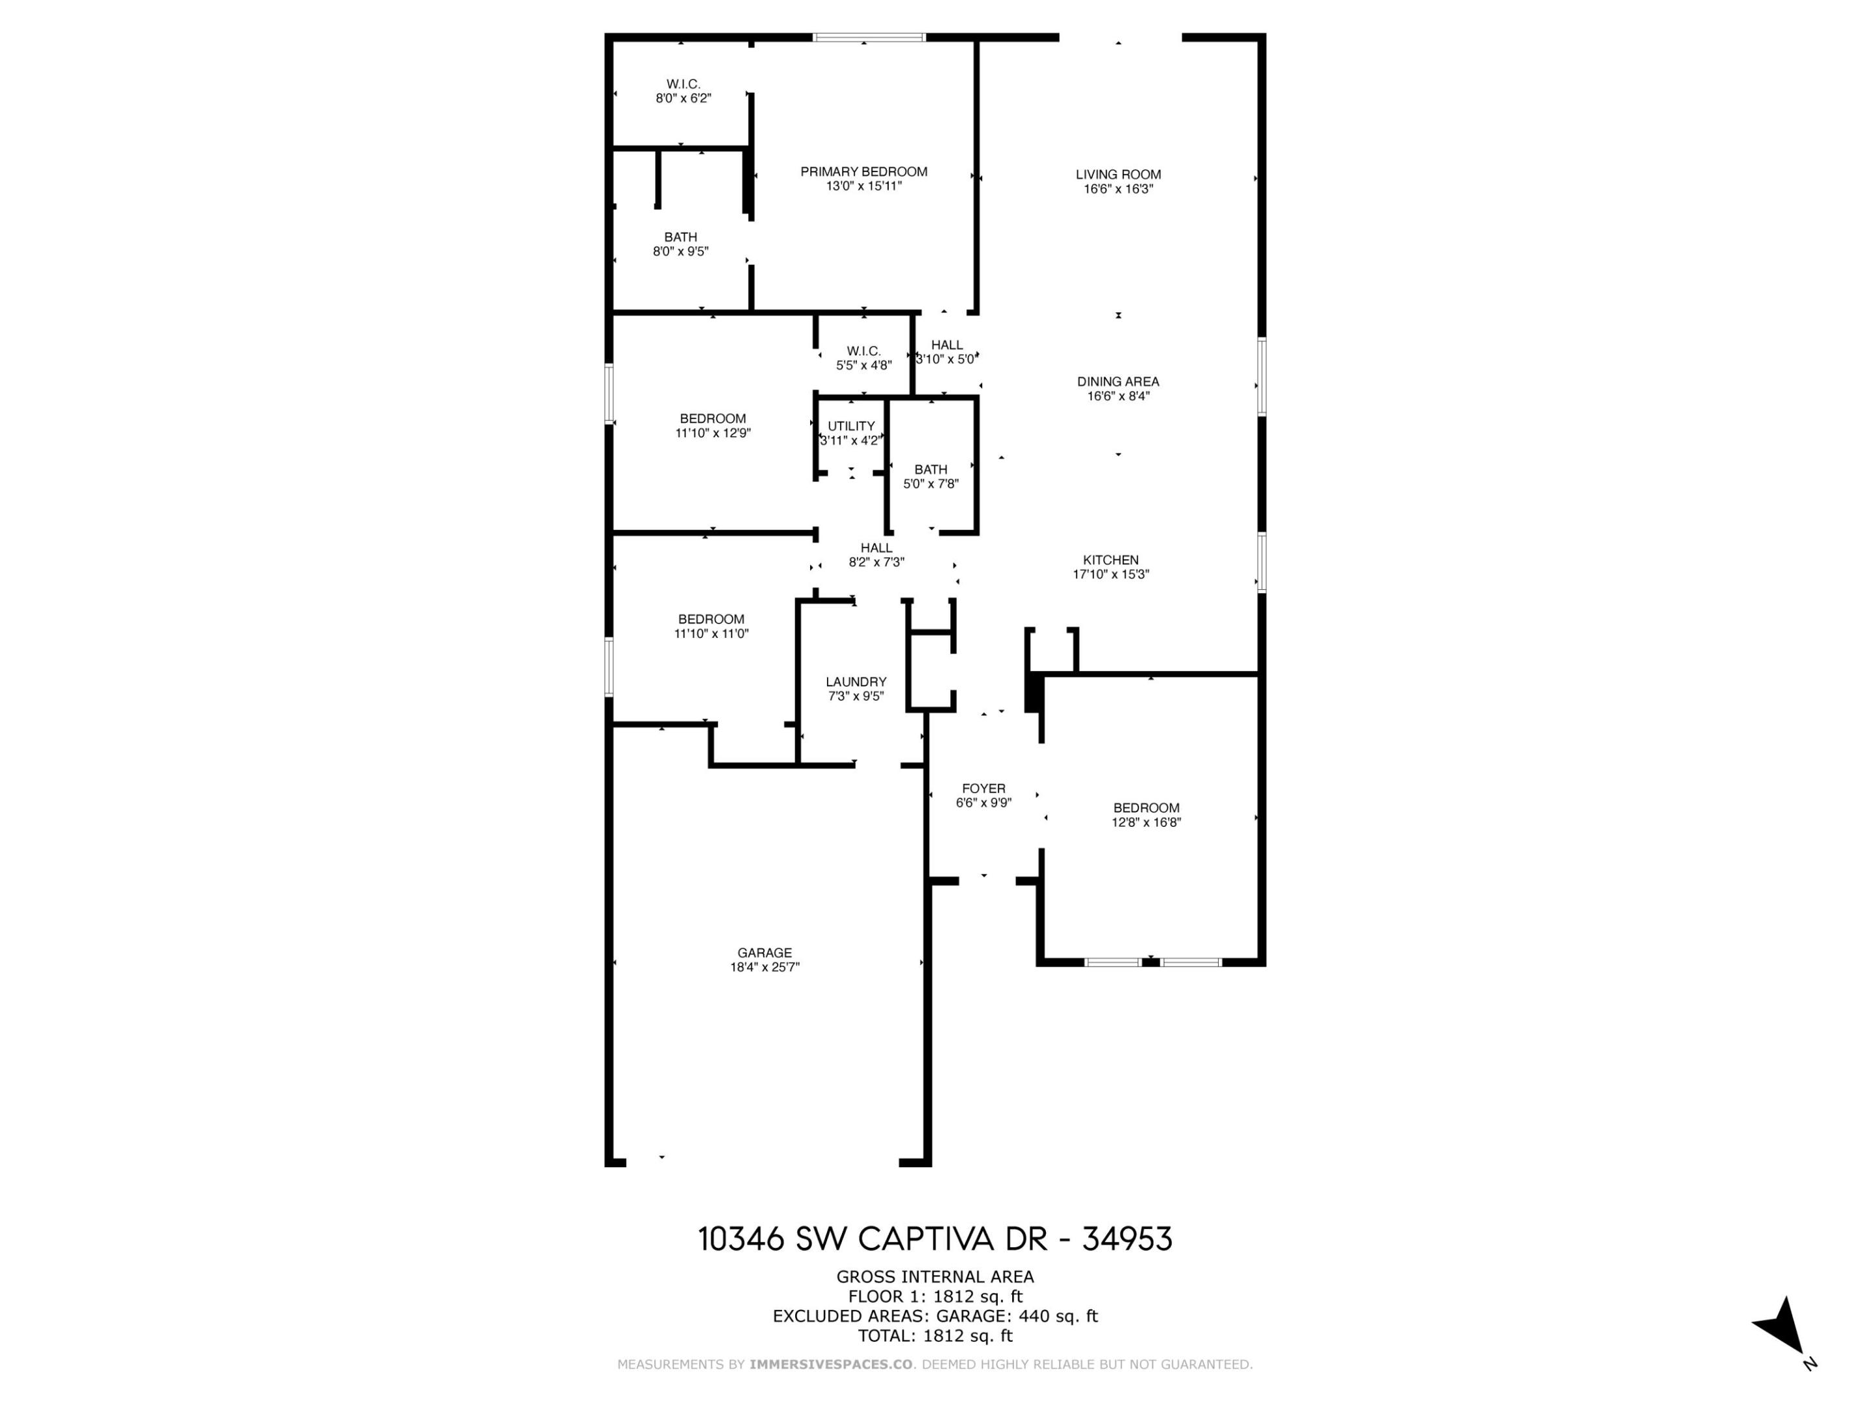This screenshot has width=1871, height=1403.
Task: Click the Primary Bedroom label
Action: [x=863, y=171]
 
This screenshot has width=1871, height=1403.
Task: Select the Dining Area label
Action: [x=1117, y=381]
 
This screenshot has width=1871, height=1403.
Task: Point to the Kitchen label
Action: [x=1111, y=560]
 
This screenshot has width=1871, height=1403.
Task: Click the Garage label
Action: [x=764, y=952]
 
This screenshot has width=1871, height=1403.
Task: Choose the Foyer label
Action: [x=983, y=788]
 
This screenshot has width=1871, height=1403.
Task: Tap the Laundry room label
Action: [x=855, y=681]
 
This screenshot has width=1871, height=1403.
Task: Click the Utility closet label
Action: [x=851, y=426]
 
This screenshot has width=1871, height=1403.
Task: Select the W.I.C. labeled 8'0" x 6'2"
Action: [x=683, y=90]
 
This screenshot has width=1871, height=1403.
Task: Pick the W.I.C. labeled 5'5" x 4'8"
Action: [x=863, y=358]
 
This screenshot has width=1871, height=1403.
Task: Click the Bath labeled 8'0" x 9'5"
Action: [x=680, y=244]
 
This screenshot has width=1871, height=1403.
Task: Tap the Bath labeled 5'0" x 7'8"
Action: [x=930, y=476]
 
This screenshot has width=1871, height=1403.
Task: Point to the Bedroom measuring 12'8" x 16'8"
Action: [x=1146, y=815]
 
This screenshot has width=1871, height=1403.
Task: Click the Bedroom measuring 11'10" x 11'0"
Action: [x=711, y=626]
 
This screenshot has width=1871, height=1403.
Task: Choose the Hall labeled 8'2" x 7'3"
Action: [x=876, y=555]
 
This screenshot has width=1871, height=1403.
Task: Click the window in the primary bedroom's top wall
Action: [x=869, y=37]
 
